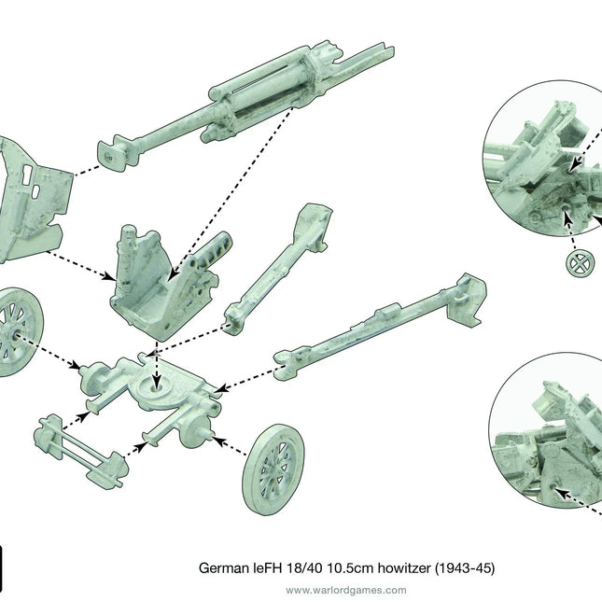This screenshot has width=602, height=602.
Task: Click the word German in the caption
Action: [x=220, y=567]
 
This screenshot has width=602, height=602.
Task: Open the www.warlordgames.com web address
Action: [x=345, y=590]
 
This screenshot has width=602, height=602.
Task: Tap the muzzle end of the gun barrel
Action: [x=110, y=154]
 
